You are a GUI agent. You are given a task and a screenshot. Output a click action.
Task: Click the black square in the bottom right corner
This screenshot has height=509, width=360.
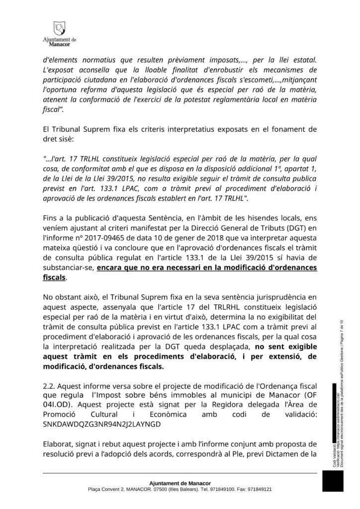[x=333, y=481]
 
